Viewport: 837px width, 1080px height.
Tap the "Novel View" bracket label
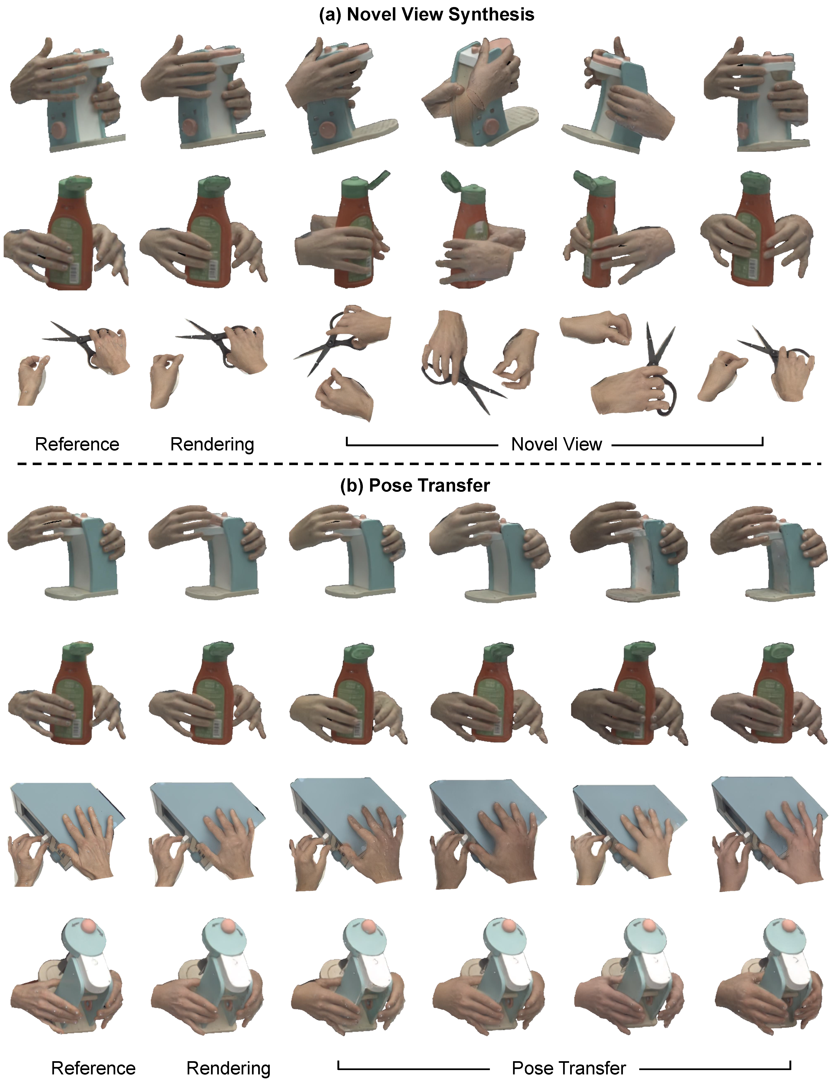point(556,444)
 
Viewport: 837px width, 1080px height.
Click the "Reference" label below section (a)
point(77,444)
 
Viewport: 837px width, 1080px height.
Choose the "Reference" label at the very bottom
point(94,1068)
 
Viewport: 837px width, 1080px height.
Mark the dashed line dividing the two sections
point(419,464)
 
